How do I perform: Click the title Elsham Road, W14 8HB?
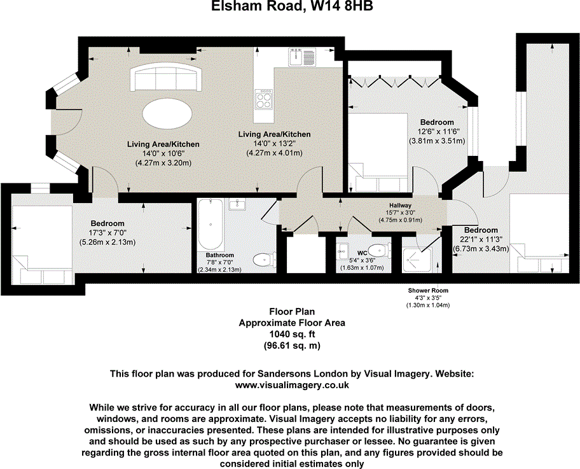(290, 8)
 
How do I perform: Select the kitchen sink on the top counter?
(297, 58)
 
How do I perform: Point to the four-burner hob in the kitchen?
(264, 99)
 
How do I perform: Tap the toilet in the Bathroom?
(264, 258)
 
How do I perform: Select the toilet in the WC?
(379, 249)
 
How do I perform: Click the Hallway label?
(401, 206)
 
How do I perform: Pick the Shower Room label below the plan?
(427, 290)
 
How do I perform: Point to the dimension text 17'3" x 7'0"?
(106, 233)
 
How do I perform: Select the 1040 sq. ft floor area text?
(291, 334)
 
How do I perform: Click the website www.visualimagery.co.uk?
(291, 385)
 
